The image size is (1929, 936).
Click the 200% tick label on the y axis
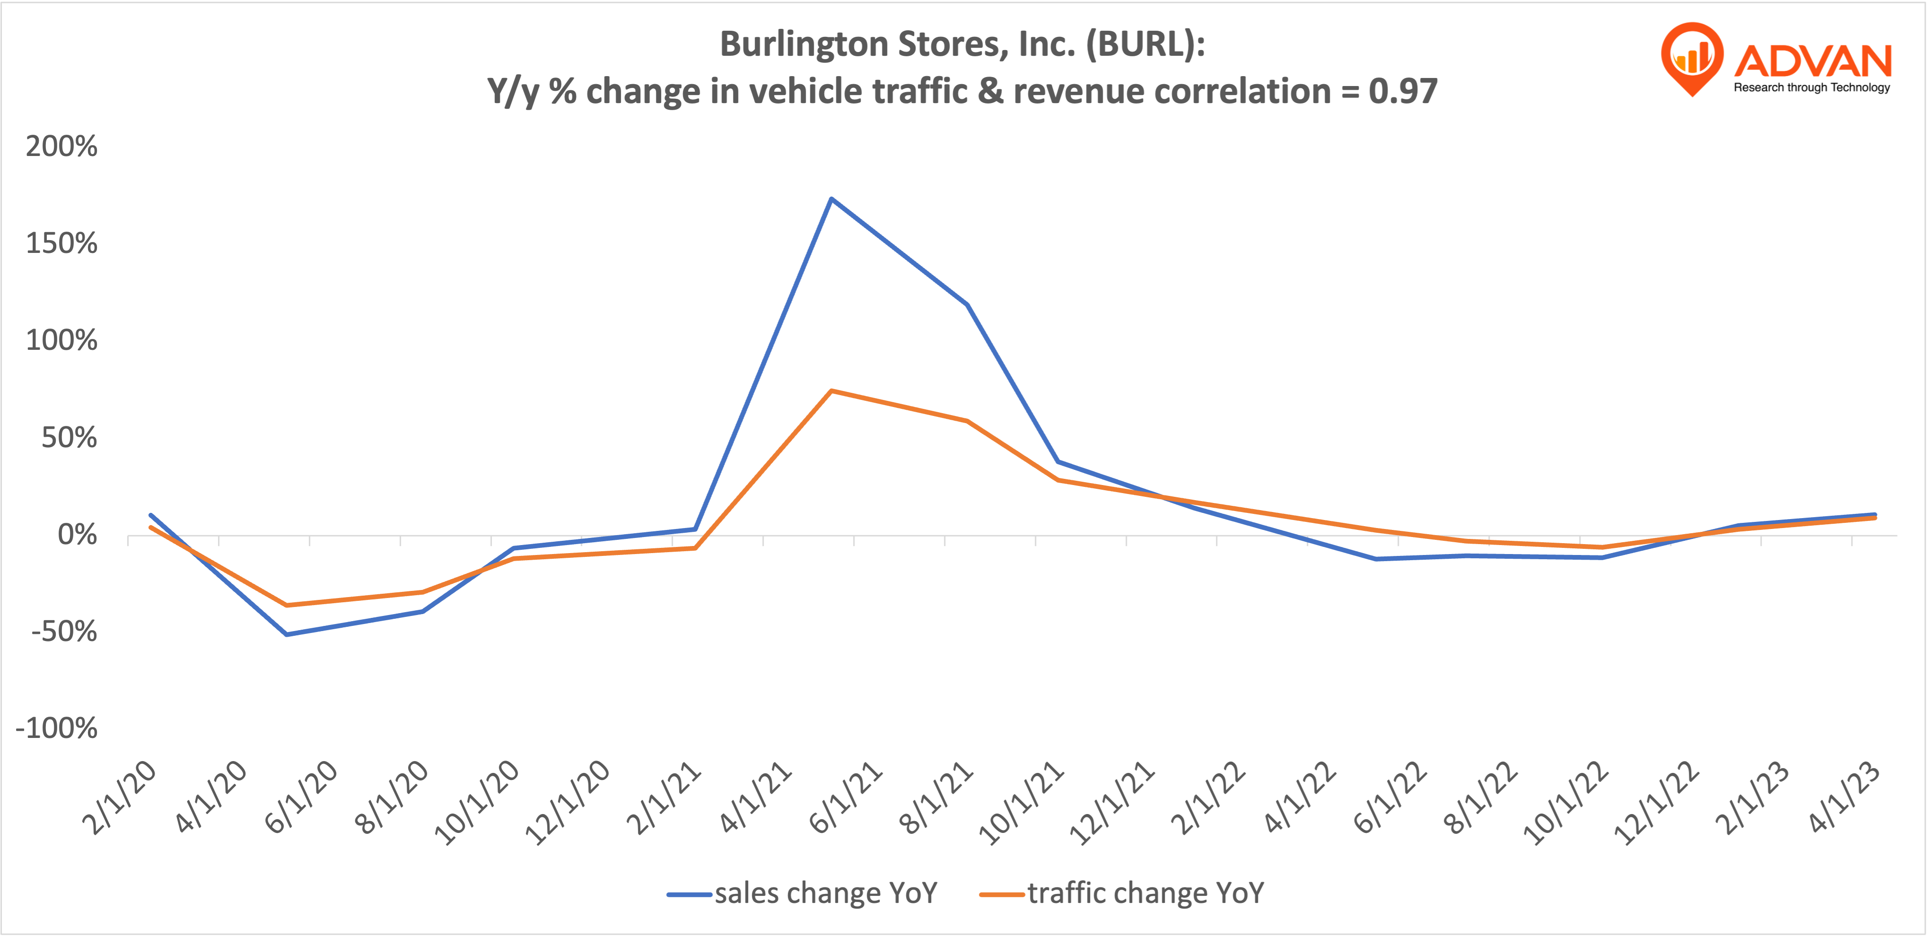tap(61, 147)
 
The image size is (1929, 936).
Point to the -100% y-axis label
tap(56, 728)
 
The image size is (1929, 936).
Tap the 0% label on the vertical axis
tap(77, 536)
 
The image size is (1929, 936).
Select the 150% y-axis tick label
tap(61, 244)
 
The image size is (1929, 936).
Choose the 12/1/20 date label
tap(567, 803)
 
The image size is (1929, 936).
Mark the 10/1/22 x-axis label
tap(1567, 803)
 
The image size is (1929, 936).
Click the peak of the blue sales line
tap(831, 199)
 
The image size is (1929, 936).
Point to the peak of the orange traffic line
tap(831, 391)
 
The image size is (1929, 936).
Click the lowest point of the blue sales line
tap(287, 634)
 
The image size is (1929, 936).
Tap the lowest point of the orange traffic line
tap(287, 605)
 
